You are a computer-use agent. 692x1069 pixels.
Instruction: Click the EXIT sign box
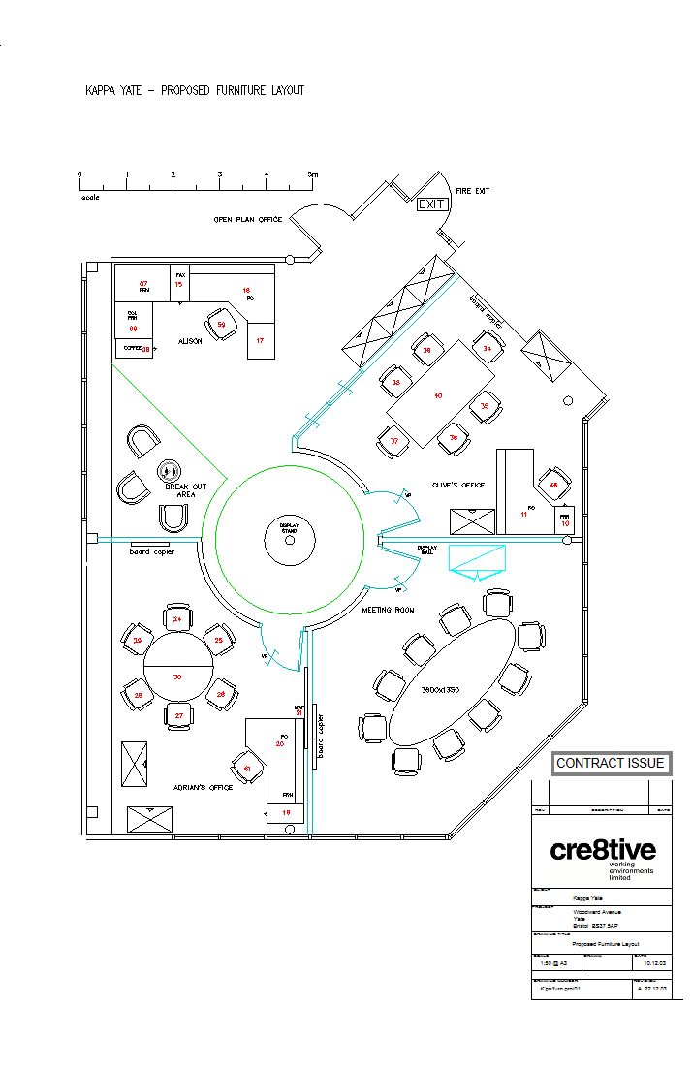(x=431, y=204)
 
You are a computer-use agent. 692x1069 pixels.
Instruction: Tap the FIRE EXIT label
(x=472, y=192)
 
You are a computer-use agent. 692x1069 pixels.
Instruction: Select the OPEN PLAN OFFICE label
(x=247, y=220)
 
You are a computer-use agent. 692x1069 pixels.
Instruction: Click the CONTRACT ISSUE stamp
(x=611, y=764)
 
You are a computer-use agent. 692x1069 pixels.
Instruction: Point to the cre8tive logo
(x=603, y=851)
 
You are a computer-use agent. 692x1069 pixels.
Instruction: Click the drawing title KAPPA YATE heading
(x=195, y=91)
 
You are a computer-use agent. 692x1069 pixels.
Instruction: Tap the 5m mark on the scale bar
(x=312, y=174)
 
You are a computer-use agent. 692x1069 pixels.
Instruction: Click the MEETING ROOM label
(x=388, y=611)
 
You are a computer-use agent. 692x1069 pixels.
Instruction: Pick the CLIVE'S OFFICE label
(x=458, y=485)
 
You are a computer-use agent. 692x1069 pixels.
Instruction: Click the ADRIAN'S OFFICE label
(x=203, y=788)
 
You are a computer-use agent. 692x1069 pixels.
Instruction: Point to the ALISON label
(x=190, y=341)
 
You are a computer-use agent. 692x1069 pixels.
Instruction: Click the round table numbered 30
(x=177, y=670)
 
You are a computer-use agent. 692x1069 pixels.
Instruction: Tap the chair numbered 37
(x=394, y=441)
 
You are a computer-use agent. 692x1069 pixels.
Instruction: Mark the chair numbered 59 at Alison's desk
(x=222, y=324)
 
